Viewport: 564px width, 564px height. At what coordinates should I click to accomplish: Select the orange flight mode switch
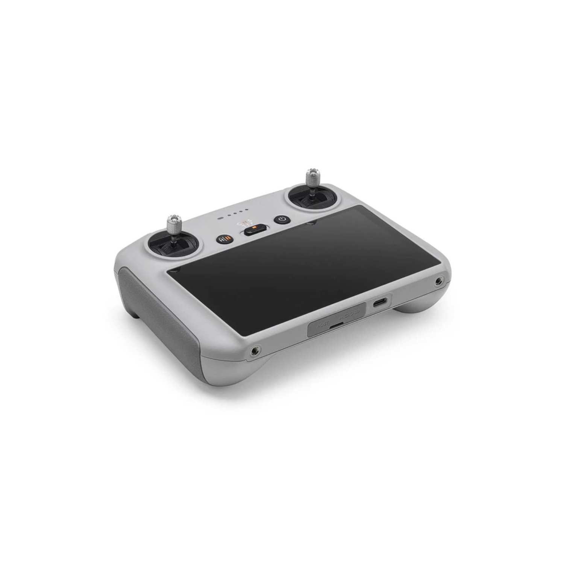pos(255,230)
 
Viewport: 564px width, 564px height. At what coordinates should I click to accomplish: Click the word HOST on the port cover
pos(322,323)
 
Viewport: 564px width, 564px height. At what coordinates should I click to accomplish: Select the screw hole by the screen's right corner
pos(438,281)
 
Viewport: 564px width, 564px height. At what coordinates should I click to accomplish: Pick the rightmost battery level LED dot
pos(247,210)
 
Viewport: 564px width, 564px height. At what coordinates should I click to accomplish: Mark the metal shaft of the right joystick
pos(312,192)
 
